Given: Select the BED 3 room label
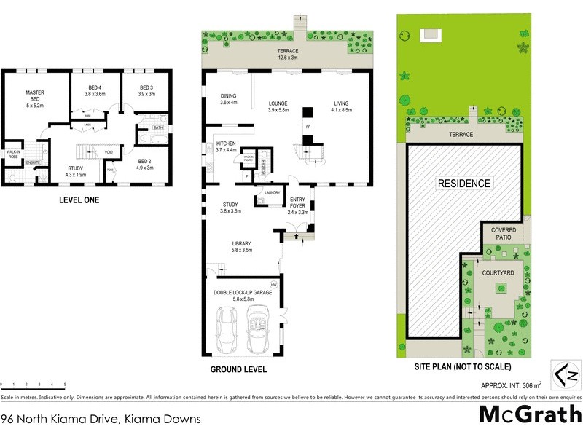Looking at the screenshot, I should (x=147, y=90).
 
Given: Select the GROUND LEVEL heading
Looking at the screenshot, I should (x=238, y=369).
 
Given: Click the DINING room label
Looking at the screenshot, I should (x=229, y=99).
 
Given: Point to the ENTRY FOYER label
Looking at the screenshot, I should (x=297, y=202).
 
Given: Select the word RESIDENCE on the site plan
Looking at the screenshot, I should (x=463, y=183).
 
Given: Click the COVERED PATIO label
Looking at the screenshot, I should (x=503, y=233).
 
